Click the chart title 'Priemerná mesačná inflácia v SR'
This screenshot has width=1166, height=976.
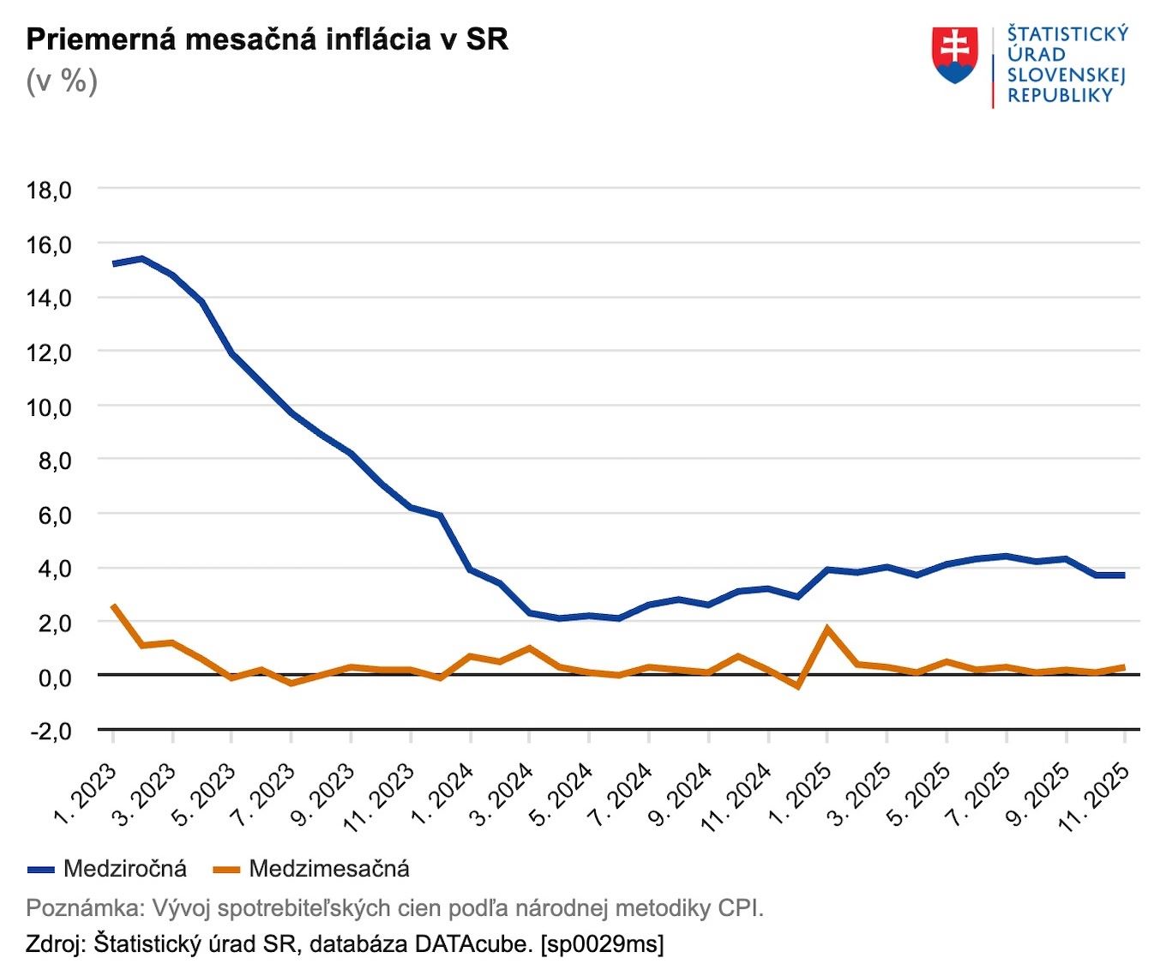click(267, 39)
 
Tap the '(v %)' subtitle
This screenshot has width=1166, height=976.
click(62, 81)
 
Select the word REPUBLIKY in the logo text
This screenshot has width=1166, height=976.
click(1060, 96)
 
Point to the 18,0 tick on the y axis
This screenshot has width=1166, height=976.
click(49, 190)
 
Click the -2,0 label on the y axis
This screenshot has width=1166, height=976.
click(49, 731)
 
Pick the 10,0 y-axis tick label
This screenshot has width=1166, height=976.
click(49, 407)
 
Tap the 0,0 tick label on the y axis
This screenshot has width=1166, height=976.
click(49, 677)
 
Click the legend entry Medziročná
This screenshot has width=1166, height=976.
click(124, 869)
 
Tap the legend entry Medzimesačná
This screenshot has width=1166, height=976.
click(328, 869)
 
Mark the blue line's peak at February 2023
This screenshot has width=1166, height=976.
click(143, 258)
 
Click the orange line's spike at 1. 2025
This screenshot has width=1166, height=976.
click(827, 628)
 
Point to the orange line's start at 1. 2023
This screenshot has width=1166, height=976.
click(113, 605)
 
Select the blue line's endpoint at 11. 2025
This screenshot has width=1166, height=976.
click(1123, 575)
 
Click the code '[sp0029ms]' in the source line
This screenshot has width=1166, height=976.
click(602, 944)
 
